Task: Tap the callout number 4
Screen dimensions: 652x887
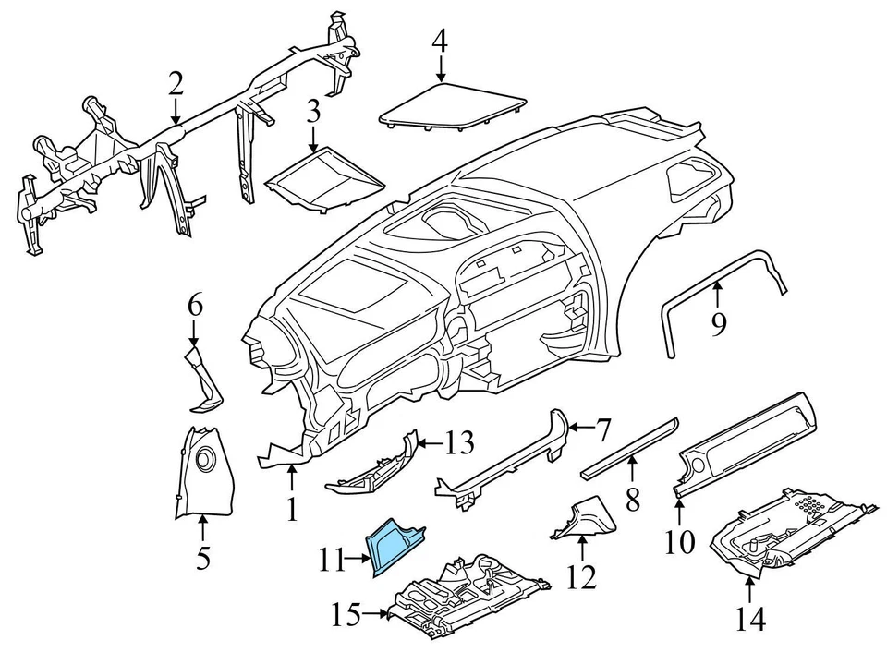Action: [x=441, y=42]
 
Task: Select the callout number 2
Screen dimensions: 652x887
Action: [x=176, y=85]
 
